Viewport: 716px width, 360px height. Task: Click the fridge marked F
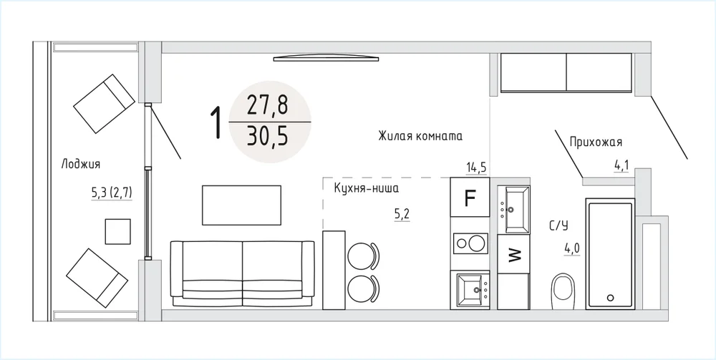pyautogui.click(x=470, y=197)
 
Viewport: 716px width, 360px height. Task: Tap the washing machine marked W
pyautogui.click(x=513, y=253)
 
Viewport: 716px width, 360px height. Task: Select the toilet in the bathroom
pyautogui.click(x=563, y=291)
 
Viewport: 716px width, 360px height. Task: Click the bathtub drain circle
pyautogui.click(x=611, y=298)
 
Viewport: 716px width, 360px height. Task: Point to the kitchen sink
pyautogui.click(x=470, y=290)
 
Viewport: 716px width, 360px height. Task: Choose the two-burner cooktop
pyautogui.click(x=470, y=243)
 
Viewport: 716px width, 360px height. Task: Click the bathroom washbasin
pyautogui.click(x=513, y=210)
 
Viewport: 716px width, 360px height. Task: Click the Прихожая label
pyautogui.click(x=596, y=142)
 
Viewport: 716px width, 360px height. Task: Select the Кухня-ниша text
pyautogui.click(x=367, y=188)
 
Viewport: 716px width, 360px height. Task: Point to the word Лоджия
pyautogui.click(x=81, y=165)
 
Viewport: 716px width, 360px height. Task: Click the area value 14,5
pyautogui.click(x=476, y=167)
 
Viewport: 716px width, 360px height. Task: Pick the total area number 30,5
pyautogui.click(x=268, y=136)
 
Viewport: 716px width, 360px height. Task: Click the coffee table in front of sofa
pyautogui.click(x=241, y=205)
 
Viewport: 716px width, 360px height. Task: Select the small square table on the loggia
pyautogui.click(x=118, y=231)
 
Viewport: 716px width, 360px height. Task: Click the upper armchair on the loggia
pyautogui.click(x=104, y=104)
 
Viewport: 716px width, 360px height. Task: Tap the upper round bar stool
pyautogui.click(x=363, y=256)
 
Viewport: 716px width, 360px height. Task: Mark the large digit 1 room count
pyautogui.click(x=216, y=122)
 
